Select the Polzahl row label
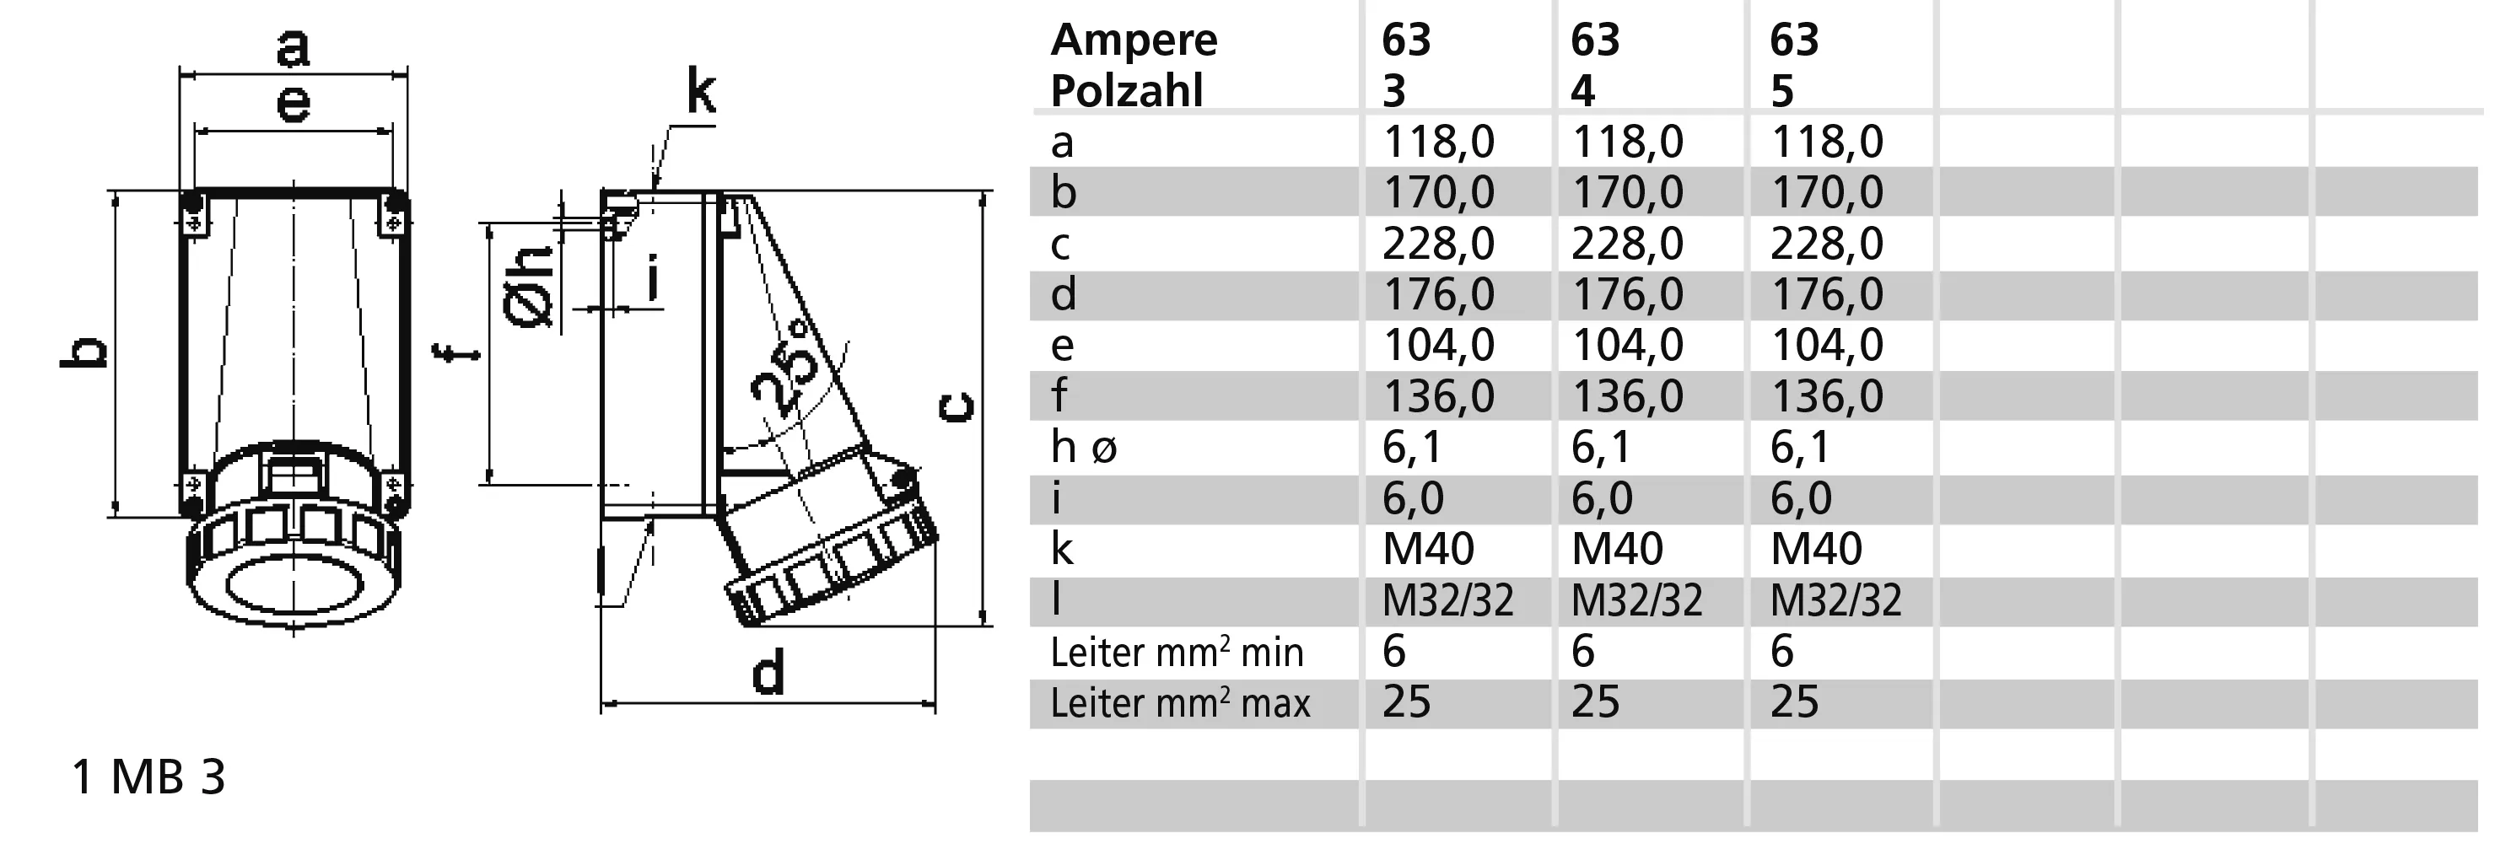[x=1126, y=91]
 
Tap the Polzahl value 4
[x=1582, y=91]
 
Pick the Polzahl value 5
[x=1782, y=91]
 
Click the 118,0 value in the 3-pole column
[x=1438, y=142]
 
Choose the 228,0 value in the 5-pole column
[x=1827, y=244]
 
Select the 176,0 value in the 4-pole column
[x=1627, y=294]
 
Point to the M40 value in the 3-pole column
[x=1429, y=549]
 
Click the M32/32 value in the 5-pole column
[x=1835, y=600]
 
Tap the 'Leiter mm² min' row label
[x=1177, y=652]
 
